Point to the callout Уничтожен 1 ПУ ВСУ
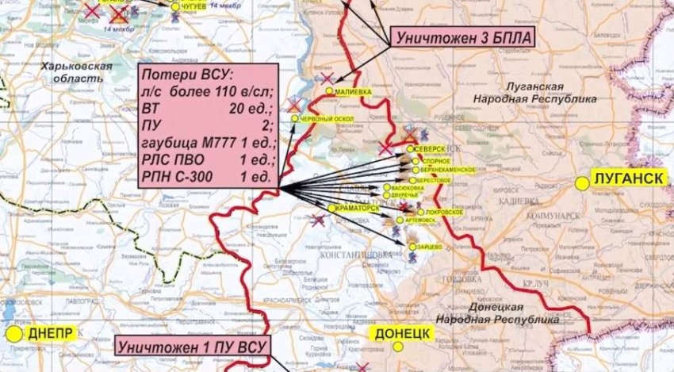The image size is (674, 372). point(192,346)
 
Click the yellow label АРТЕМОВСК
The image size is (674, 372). point(419,221)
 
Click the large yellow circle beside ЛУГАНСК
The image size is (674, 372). point(582,183)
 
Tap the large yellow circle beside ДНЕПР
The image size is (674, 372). point(13,334)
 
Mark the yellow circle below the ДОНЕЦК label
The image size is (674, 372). point(401,346)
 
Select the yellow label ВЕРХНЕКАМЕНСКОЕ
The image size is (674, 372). point(451,170)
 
